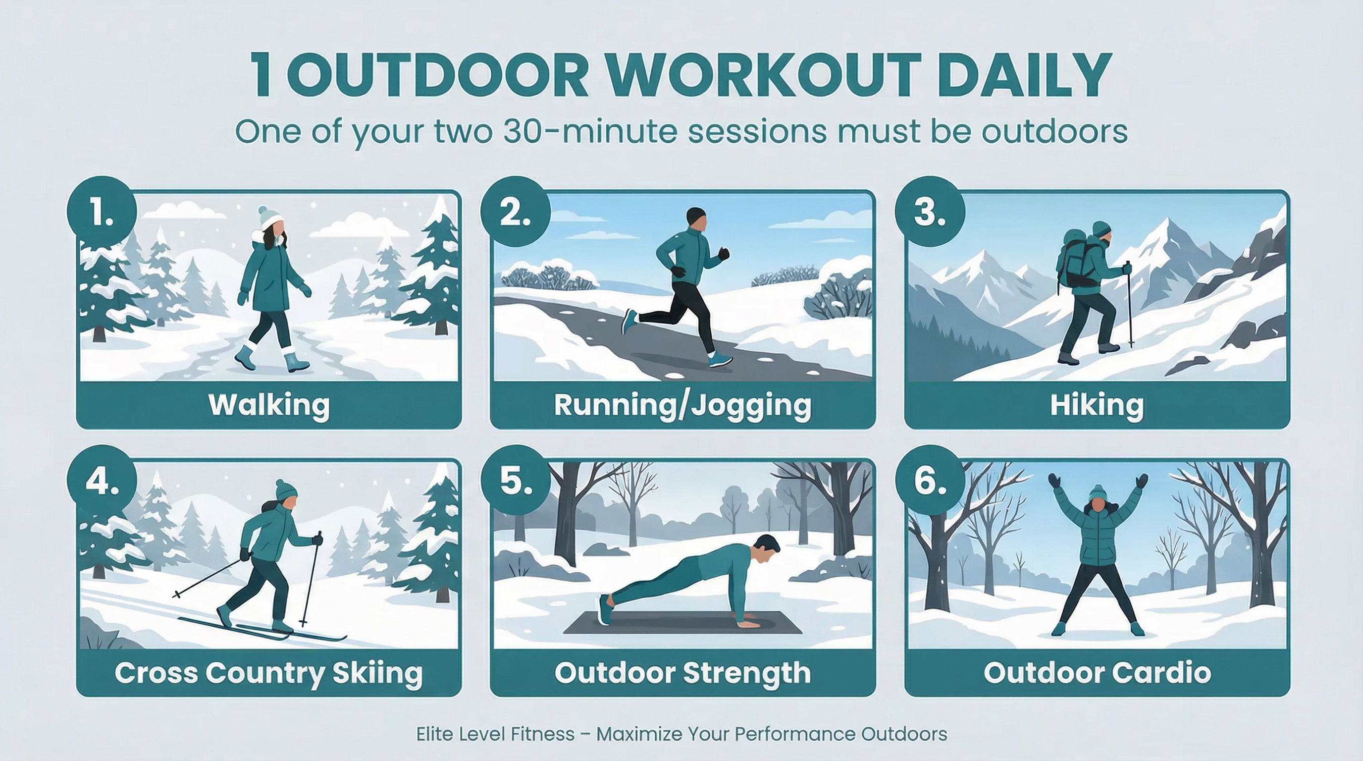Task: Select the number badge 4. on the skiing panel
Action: click(101, 480)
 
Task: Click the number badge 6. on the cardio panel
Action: click(930, 480)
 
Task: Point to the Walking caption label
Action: click(269, 405)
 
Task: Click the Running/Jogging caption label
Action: click(682, 405)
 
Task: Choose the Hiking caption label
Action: click(1097, 405)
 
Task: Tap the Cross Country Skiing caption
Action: click(269, 673)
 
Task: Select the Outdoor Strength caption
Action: click(682, 673)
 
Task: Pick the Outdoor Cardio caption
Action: click(1097, 673)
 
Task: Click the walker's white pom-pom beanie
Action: click(271, 218)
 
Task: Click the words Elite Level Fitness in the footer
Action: click(495, 734)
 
